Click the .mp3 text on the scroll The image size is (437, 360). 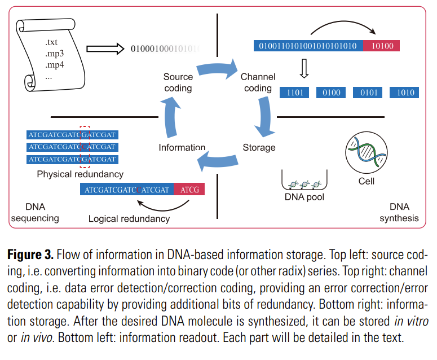point(55,53)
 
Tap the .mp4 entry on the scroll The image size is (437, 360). point(55,65)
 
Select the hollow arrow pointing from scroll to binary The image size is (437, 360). point(105,49)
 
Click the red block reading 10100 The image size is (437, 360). point(382,46)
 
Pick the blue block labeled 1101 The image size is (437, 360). point(294,93)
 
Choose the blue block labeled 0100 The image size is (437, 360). point(331,93)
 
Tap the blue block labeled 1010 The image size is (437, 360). point(404,93)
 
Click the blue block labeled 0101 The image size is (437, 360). point(368,93)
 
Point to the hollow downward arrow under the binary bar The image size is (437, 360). point(304,68)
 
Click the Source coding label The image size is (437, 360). point(178,82)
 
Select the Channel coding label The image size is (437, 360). point(258,82)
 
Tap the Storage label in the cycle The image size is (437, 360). point(259,147)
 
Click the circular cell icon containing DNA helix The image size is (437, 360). point(366,152)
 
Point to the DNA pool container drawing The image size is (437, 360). point(304,180)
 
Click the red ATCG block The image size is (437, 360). point(189,189)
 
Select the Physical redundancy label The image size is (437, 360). point(80,174)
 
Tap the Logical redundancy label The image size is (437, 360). point(129,219)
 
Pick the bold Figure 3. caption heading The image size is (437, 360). point(30,254)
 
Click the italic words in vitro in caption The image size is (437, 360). point(412,321)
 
